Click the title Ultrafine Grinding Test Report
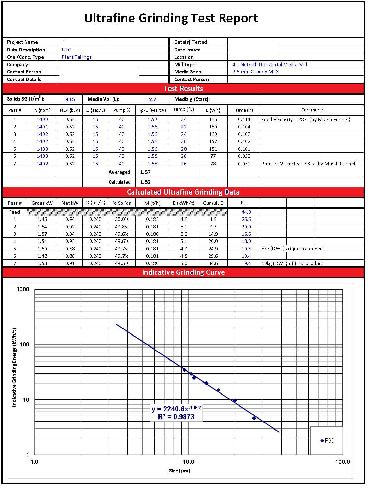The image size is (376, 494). [x=171, y=18]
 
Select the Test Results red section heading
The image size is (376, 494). [x=183, y=89]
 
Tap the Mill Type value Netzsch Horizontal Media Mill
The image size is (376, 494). [x=269, y=64]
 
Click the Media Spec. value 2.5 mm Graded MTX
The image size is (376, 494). [x=255, y=72]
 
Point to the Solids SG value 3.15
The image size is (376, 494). [x=70, y=99]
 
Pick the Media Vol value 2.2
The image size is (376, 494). [x=153, y=99]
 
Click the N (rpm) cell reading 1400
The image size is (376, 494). [x=43, y=119]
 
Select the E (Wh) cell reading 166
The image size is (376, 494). [x=213, y=119]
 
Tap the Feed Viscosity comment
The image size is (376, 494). [x=306, y=119]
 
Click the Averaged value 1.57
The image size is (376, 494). [x=145, y=172]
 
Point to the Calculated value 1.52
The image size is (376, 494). [x=145, y=182]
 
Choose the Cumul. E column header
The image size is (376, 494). [x=213, y=203]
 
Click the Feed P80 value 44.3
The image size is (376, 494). [x=246, y=212]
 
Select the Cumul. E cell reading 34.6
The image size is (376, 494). [x=213, y=263]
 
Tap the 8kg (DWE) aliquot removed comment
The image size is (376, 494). [x=292, y=248]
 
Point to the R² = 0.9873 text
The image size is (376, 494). [x=176, y=417]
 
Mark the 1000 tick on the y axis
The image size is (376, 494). [x=23, y=289]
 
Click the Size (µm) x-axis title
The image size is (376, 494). [x=179, y=471]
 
